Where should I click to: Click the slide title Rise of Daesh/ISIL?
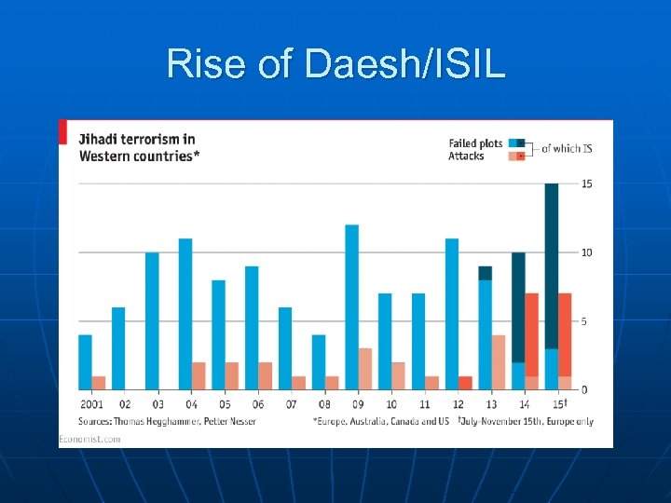click(x=335, y=64)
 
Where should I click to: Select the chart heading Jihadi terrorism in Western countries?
click(x=138, y=147)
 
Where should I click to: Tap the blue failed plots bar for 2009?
click(x=351, y=306)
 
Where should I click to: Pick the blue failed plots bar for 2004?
click(x=185, y=314)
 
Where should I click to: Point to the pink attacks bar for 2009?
click(x=365, y=369)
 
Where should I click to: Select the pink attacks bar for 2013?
click(x=499, y=362)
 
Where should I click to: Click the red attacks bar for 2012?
click(x=465, y=383)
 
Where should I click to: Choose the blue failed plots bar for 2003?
click(x=152, y=320)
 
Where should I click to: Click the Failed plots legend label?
click(x=475, y=143)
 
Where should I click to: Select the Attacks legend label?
click(x=466, y=156)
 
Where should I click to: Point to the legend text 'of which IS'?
click(x=567, y=149)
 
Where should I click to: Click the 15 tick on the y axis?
click(x=587, y=184)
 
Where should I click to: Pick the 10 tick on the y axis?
click(x=587, y=253)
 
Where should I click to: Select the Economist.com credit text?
click(x=89, y=439)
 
